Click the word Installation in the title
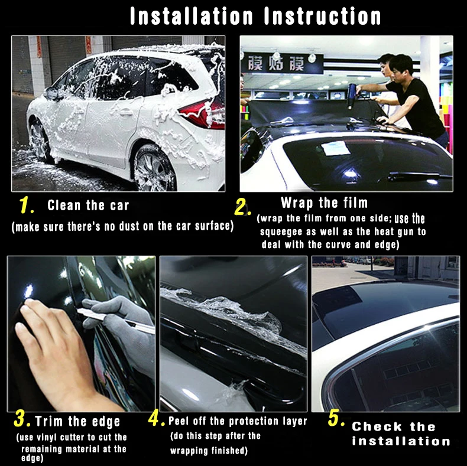pyautogui.click(x=192, y=16)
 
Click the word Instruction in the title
pyautogui.click(x=323, y=16)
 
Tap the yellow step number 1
pyautogui.click(x=26, y=205)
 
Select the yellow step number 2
pyautogui.click(x=242, y=207)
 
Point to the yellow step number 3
pyautogui.click(x=22, y=419)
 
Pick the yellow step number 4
pyautogui.click(x=156, y=419)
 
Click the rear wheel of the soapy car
pyautogui.click(x=154, y=169)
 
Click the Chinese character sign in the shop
pyautogui.click(x=282, y=63)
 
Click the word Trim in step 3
pyautogui.click(x=49, y=421)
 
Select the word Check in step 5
pyautogui.click(x=377, y=426)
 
